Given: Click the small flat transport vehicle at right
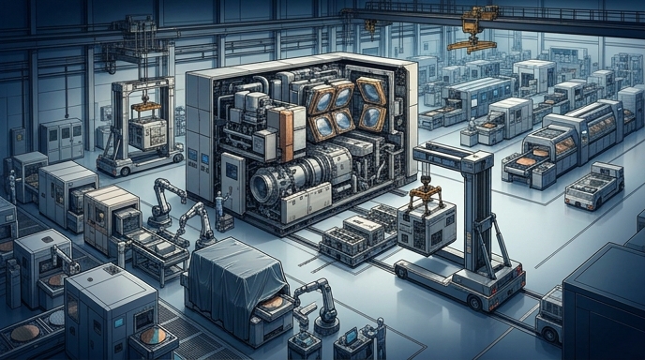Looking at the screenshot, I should tap(593, 187).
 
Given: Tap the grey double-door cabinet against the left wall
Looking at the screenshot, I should tap(61, 141).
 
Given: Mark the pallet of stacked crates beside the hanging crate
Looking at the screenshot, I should tap(356, 234).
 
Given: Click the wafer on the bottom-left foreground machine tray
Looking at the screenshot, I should tap(150, 335).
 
